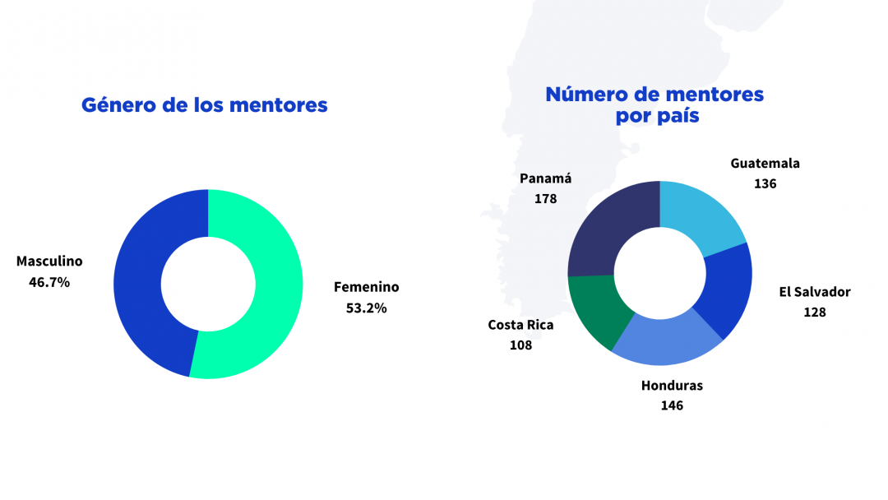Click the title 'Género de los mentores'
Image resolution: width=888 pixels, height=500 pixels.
(x=205, y=105)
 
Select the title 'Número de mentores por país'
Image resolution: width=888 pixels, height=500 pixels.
(x=655, y=105)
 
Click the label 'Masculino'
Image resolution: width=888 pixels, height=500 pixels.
(x=49, y=262)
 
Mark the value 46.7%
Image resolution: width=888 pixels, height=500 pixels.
(x=49, y=282)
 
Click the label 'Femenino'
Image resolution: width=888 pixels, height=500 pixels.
(x=366, y=287)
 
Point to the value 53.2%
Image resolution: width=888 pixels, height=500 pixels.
(x=366, y=308)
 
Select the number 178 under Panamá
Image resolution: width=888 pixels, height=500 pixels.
(x=545, y=198)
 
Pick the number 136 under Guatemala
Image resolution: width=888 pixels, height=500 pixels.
(x=765, y=183)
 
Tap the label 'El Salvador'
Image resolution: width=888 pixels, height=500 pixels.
(x=815, y=292)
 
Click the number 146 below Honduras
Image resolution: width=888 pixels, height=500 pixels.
(x=672, y=405)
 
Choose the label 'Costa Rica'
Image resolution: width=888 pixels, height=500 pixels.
(x=520, y=325)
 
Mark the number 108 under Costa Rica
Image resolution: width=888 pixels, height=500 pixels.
(x=520, y=345)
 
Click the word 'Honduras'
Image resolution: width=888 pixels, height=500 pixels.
(x=672, y=385)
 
